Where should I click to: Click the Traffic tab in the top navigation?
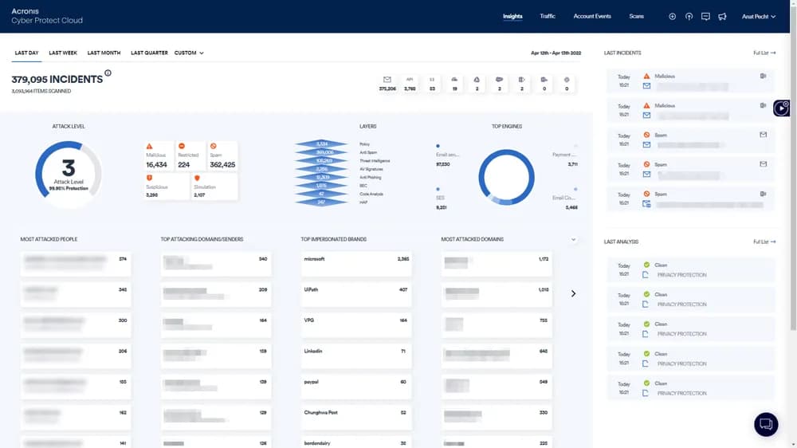coord(548,16)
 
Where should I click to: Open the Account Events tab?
coord(592,16)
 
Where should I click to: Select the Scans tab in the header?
coord(636,16)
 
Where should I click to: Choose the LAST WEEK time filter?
coord(63,53)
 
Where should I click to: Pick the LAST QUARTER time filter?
coord(149,53)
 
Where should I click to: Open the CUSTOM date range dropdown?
coord(189,53)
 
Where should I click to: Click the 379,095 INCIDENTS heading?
coord(57,79)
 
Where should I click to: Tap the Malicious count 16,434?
coord(156,164)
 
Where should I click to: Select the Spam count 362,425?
coord(222,164)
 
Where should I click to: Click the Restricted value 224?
coord(184,164)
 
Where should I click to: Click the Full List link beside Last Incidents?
coord(764,53)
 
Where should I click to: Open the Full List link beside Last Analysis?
coord(764,242)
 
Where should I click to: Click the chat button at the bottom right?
coord(765,423)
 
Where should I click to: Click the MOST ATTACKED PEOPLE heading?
coord(49,238)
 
